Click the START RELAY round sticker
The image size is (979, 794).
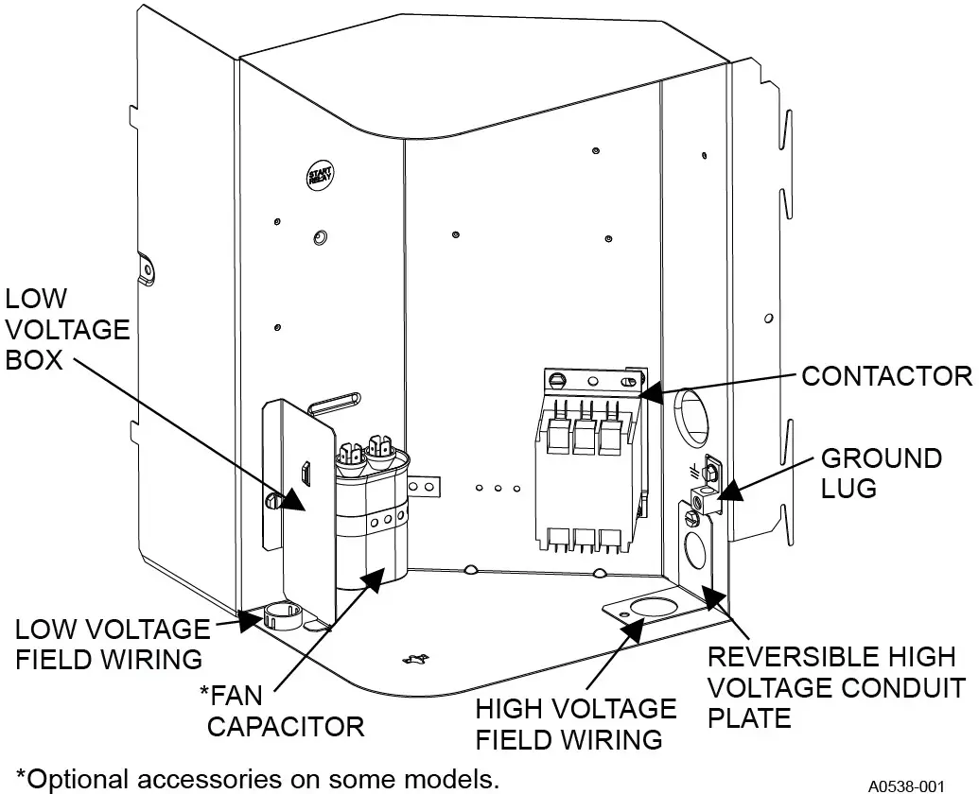[317, 176]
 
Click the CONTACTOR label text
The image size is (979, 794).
[886, 376]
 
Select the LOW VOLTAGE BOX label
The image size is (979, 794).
[66, 330]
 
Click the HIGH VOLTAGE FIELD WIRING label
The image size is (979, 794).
[575, 723]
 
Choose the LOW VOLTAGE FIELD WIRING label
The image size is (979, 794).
[112, 643]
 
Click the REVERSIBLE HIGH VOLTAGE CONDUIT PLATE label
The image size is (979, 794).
[837, 687]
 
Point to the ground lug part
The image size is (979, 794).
[705, 496]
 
